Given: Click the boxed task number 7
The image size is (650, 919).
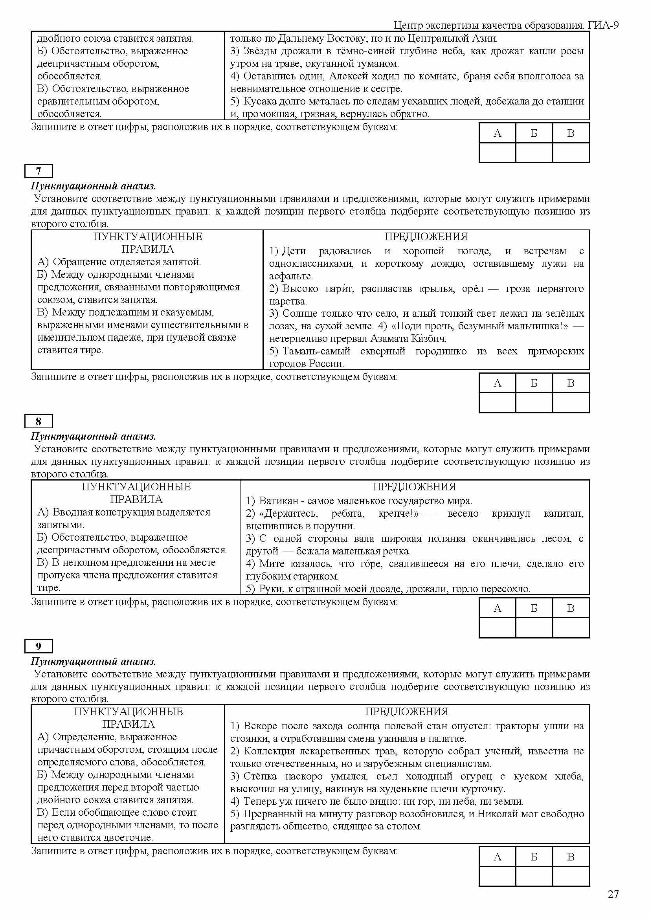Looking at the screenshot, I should click(39, 171).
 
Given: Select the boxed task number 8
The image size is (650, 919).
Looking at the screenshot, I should click(39, 421).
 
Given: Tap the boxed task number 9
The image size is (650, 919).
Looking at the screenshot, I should click(39, 646).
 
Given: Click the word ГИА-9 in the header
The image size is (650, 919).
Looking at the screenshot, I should click(603, 25).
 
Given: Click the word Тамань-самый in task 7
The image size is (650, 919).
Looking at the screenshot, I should click(316, 351).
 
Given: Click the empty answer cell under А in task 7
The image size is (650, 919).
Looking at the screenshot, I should click(497, 402).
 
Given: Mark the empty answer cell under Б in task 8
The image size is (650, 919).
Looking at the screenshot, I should click(534, 627).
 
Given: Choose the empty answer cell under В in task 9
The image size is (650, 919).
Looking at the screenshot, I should click(571, 876).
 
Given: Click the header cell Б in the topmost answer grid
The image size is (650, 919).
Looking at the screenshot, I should click(534, 133).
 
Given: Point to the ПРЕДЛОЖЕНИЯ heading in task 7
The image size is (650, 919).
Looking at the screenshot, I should click(426, 237).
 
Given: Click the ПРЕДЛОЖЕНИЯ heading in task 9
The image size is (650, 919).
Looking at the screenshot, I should click(407, 711).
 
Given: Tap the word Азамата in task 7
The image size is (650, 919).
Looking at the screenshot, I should click(388, 338).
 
